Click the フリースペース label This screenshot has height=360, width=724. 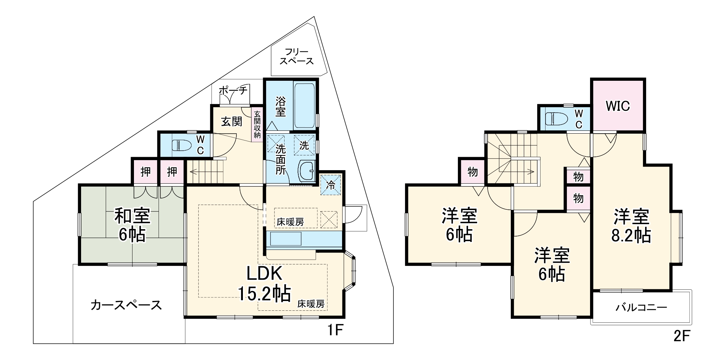point(296,56)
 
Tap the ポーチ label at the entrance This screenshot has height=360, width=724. point(233,90)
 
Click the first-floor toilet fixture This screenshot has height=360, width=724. point(181,146)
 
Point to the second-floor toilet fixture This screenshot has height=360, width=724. point(554,119)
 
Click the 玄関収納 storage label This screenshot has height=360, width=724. point(257,124)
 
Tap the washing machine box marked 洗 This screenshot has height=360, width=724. point(304,146)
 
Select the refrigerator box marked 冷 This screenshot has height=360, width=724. point(331,185)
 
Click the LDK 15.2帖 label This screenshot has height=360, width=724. point(264,284)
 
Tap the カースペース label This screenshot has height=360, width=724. point(126,305)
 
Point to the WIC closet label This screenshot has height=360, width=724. point(618,106)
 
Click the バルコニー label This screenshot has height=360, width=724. point(641,308)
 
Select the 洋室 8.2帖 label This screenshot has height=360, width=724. point(631,226)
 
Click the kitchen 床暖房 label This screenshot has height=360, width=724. point(290,222)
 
